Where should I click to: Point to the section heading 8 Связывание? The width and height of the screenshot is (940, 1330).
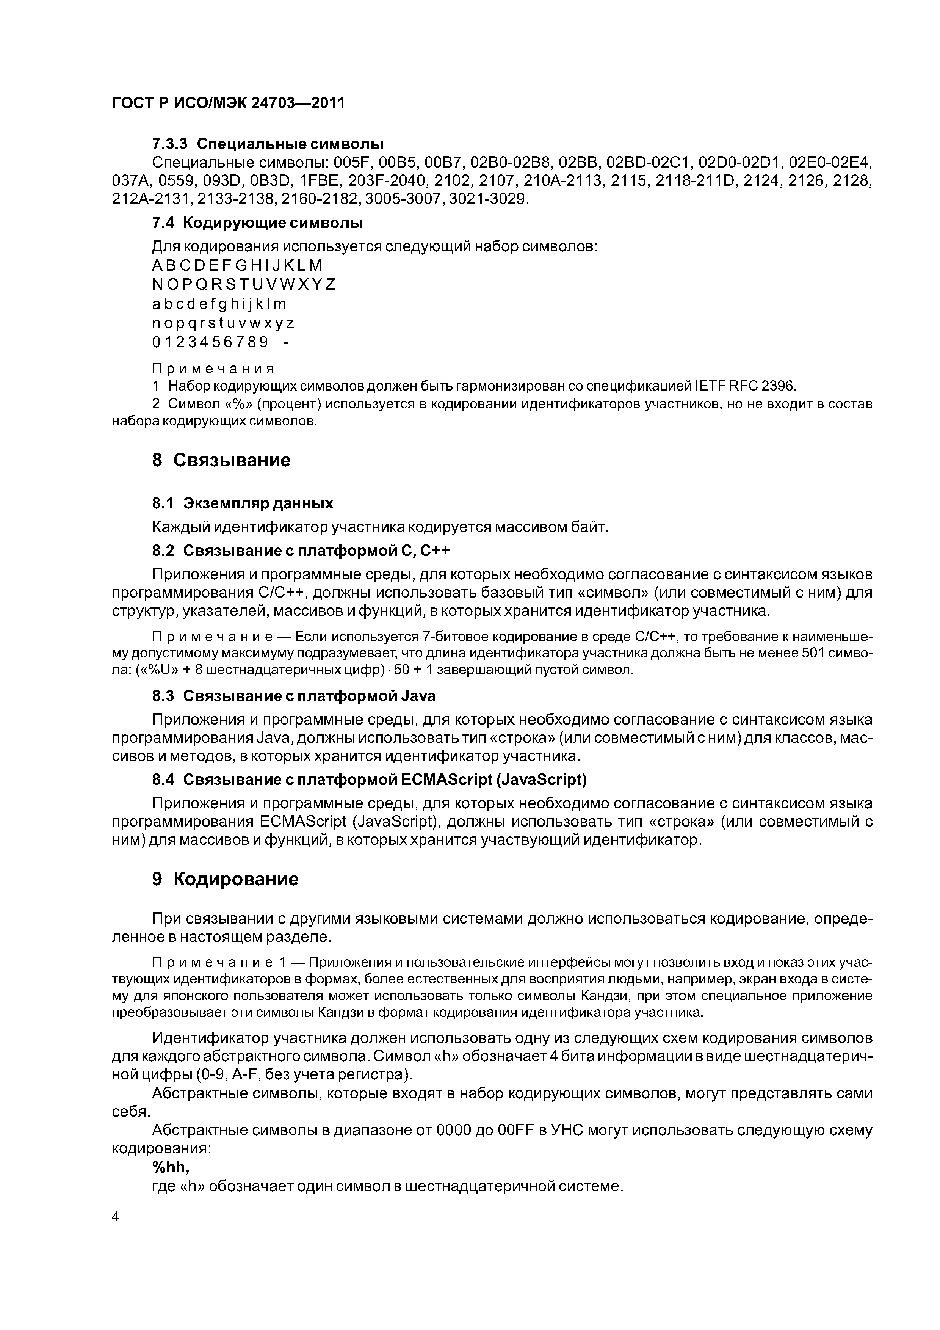tap(221, 461)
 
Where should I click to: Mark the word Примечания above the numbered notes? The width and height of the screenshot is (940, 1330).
tap(213, 369)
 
